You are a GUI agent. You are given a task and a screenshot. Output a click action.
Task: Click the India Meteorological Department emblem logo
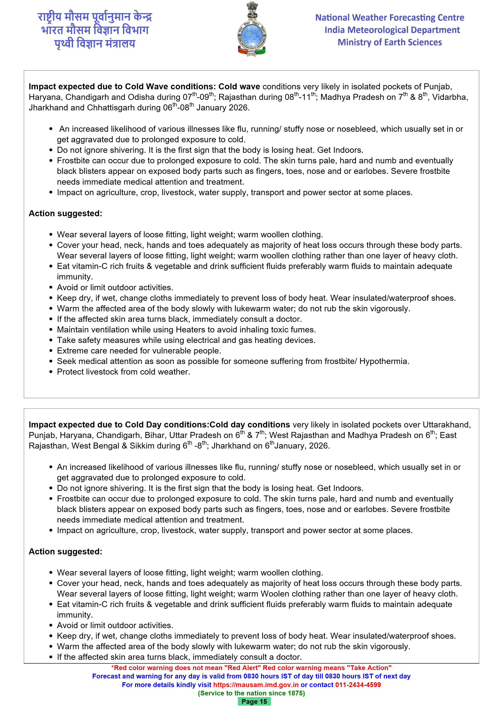click(251, 29)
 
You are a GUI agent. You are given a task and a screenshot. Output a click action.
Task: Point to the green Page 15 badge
click(254, 701)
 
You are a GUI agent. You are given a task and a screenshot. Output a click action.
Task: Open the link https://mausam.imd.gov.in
click(256, 685)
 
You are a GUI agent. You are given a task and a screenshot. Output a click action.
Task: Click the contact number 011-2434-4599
click(358, 685)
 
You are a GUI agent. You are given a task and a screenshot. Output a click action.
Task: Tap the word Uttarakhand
click(446, 425)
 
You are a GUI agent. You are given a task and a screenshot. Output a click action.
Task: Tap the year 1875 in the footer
click(296, 693)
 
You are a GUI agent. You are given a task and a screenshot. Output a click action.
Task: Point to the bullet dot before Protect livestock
click(51, 372)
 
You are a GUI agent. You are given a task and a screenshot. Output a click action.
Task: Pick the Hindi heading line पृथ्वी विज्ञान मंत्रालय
click(95, 43)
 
